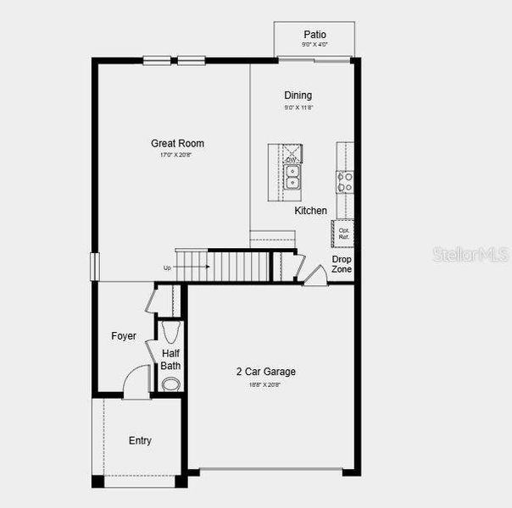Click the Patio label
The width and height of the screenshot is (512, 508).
pyautogui.click(x=314, y=34)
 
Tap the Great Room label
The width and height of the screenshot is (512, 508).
pyautogui.click(x=177, y=143)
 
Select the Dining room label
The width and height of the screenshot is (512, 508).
pyautogui.click(x=298, y=95)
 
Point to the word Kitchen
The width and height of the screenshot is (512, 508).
pyautogui.click(x=310, y=210)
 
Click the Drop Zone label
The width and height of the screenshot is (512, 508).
pyautogui.click(x=342, y=263)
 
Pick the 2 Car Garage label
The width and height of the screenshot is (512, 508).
pyautogui.click(x=265, y=371)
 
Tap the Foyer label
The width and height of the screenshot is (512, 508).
pyautogui.click(x=124, y=336)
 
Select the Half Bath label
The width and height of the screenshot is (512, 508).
pyautogui.click(x=171, y=359)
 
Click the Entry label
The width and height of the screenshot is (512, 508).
pyautogui.click(x=140, y=440)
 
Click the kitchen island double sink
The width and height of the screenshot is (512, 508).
pyautogui.click(x=292, y=177)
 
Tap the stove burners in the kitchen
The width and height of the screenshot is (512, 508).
pyautogui.click(x=345, y=181)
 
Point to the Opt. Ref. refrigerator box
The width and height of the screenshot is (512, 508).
pyautogui.click(x=344, y=233)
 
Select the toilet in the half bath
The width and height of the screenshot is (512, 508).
pyautogui.click(x=170, y=331)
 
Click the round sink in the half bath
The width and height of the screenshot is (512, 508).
pyautogui.click(x=171, y=384)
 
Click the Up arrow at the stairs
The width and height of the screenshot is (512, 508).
pyautogui.click(x=186, y=268)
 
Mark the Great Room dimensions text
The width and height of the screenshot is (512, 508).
pyautogui.click(x=177, y=155)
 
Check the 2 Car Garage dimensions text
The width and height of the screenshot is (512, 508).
pyautogui.click(x=265, y=384)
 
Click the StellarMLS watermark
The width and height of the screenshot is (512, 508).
pyautogui.click(x=470, y=254)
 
